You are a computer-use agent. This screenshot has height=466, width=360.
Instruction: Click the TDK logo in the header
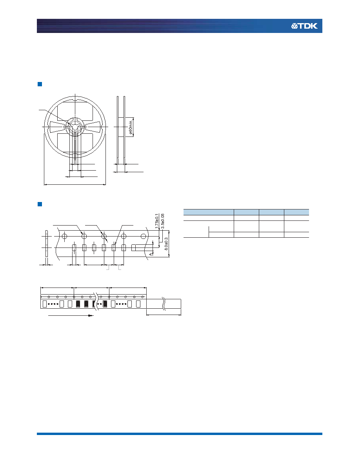304,26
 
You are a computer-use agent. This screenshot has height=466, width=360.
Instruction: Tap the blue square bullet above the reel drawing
40,84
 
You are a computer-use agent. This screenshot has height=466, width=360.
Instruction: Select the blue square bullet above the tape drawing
40,204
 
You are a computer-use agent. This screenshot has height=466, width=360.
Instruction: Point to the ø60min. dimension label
131,127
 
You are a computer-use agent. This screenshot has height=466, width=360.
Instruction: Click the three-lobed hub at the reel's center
75,127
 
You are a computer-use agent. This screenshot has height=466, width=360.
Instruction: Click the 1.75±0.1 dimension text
157,221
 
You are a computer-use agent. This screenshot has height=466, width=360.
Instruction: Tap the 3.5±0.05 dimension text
162,221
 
